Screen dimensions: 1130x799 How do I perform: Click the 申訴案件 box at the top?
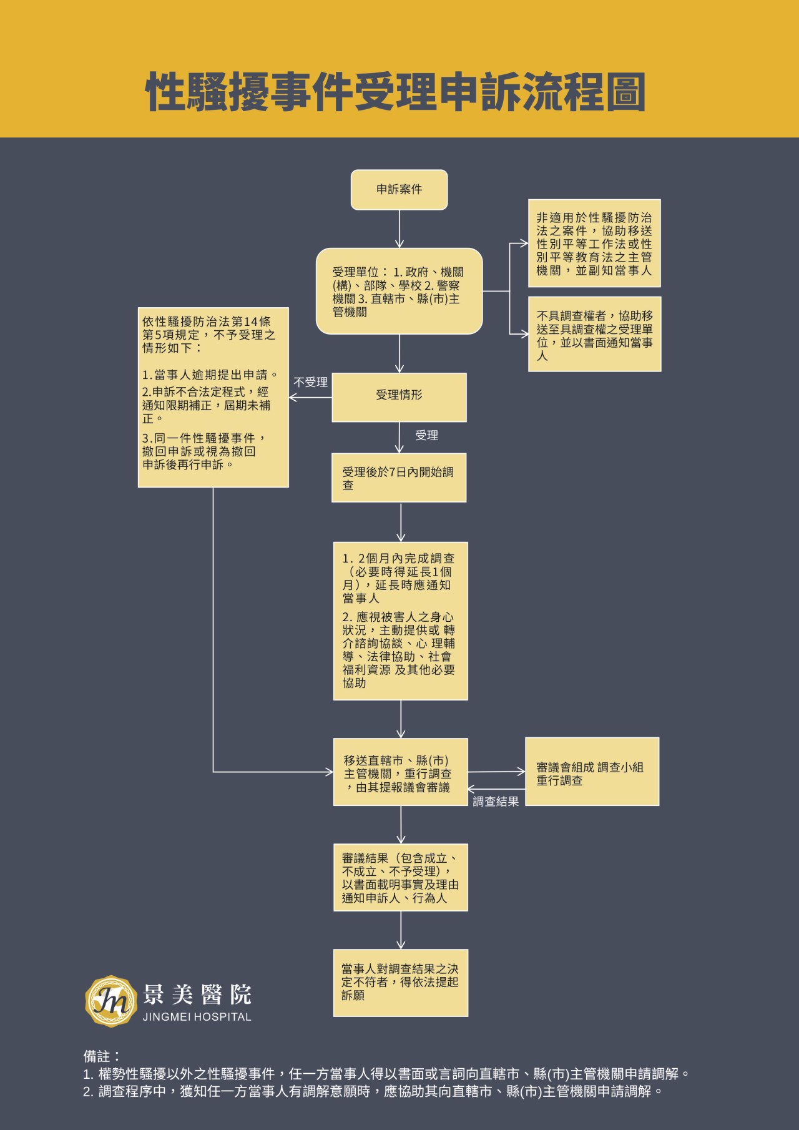pos(399,190)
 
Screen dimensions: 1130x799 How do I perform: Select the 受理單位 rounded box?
pos(399,291)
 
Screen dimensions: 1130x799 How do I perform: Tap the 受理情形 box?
pos(399,397)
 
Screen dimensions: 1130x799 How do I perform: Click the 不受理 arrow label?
pos(310,382)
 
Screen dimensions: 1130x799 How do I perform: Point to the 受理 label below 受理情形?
pos(426,436)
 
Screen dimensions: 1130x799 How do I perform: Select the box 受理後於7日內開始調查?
pos(399,478)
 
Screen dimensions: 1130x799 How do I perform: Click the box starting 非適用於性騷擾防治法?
pos(594,243)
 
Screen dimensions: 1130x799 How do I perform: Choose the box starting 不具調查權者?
pos(594,334)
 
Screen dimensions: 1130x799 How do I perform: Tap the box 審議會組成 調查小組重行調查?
pos(592,772)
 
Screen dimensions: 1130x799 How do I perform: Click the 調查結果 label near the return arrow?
pos(496,802)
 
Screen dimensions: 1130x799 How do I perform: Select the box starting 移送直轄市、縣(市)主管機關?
pos(400,772)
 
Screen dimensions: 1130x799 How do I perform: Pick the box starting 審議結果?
pos(400,878)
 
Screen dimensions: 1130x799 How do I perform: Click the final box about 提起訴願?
pos(400,983)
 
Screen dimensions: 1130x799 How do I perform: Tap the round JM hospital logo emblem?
pos(110,1001)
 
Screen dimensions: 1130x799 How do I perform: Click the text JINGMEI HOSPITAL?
pos(197,1017)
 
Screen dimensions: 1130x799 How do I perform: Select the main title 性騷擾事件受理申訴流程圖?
pos(396,92)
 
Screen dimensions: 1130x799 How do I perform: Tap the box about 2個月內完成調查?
pos(400,621)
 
